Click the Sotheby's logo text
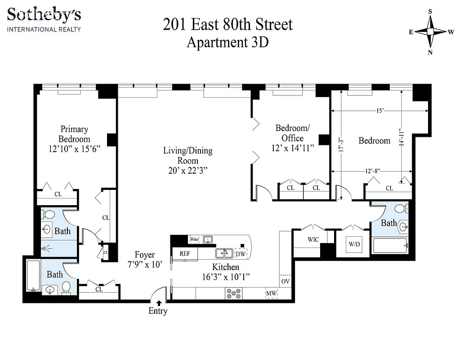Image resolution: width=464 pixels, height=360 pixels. point(44,14)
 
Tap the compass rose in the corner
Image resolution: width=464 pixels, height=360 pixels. point(430,31)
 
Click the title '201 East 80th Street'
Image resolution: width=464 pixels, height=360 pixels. point(228,24)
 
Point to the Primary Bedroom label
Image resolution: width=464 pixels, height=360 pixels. point(74,134)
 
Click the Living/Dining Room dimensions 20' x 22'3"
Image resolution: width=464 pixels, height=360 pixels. point(187,171)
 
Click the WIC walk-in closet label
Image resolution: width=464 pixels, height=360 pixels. point(313,239)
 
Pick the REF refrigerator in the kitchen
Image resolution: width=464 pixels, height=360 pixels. point(185,253)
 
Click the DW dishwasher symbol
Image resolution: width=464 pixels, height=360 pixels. point(241,253)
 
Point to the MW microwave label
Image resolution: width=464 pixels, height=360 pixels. point(271,293)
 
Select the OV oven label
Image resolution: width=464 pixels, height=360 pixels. point(285,281)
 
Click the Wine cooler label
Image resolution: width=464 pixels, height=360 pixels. point(194,239)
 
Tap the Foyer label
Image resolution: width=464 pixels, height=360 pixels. point(145,255)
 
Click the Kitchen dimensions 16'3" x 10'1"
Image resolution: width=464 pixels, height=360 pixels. point(226,276)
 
